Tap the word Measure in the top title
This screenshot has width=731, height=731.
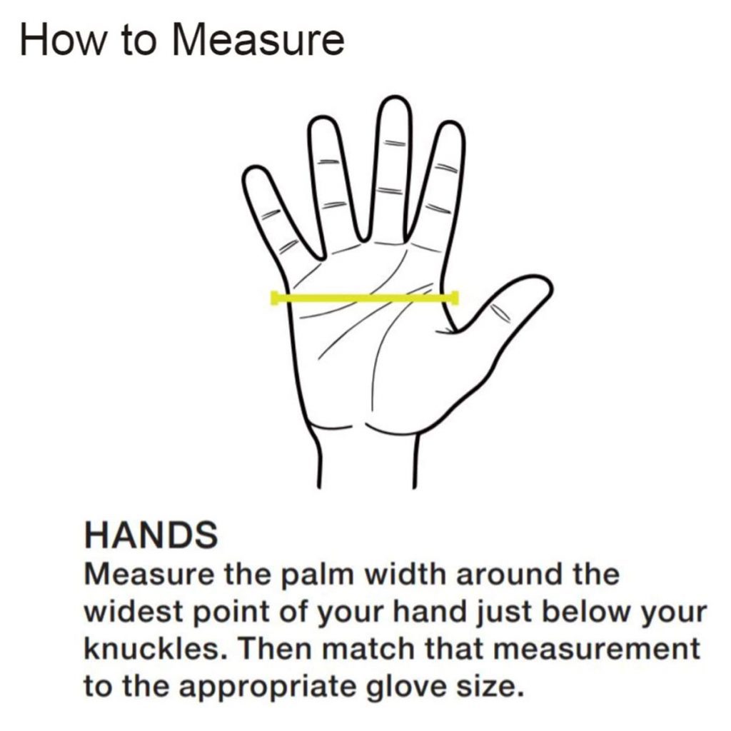click(258, 39)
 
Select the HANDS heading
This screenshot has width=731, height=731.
click(151, 535)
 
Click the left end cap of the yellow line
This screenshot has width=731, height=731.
click(275, 298)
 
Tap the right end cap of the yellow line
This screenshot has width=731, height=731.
click(455, 298)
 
